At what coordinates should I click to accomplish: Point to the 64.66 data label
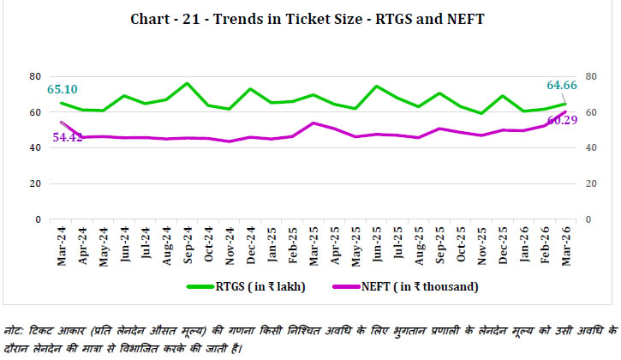[x=563, y=85]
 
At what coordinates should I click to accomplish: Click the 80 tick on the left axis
[x=35, y=76]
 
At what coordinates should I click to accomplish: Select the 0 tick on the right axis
[x=583, y=219]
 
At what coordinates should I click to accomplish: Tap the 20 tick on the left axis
[x=35, y=183]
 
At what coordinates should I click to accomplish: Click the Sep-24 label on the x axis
[x=187, y=247]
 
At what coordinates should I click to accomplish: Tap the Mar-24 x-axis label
[x=61, y=247]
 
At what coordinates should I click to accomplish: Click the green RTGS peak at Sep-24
[x=187, y=83]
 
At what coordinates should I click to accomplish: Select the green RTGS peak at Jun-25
[x=377, y=86]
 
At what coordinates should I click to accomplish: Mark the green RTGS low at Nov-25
[x=482, y=113]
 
